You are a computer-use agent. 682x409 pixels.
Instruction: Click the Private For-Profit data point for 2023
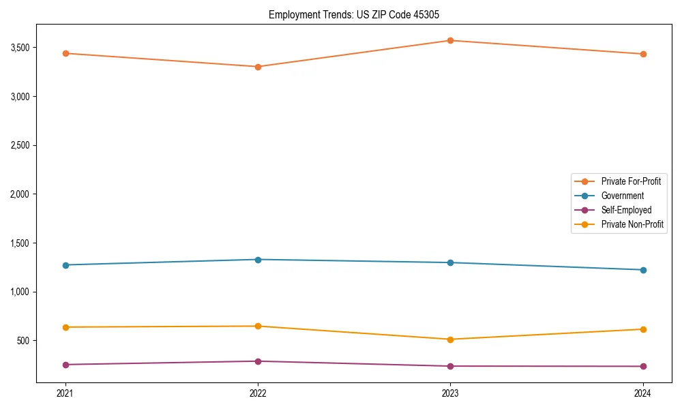coord(450,40)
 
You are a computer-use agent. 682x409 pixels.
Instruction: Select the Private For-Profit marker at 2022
coord(258,67)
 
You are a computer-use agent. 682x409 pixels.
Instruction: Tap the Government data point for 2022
coord(258,260)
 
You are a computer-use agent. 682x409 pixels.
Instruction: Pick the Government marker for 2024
coord(642,270)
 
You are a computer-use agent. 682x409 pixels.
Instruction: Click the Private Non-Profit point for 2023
coord(450,339)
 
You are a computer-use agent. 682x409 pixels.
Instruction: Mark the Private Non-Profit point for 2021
coord(65,327)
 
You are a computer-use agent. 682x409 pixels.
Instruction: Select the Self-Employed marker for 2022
coord(258,361)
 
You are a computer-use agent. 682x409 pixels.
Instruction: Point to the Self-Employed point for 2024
coord(642,367)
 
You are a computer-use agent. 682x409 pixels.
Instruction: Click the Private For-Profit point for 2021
coord(65,53)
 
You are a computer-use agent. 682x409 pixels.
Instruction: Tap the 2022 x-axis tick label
coord(258,393)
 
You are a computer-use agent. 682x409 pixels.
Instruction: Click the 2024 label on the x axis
coord(642,393)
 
